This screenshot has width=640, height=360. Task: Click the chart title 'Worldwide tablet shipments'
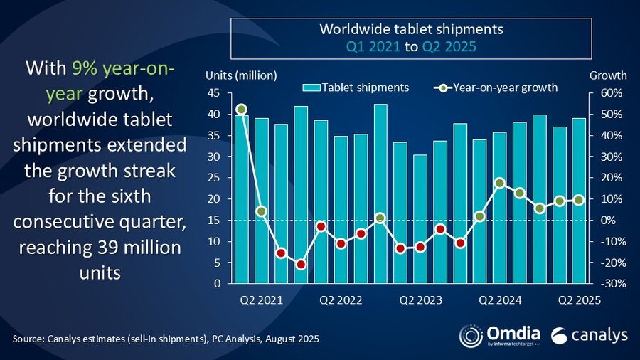pyautogui.click(x=411, y=30)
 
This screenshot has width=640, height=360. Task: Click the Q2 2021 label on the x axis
pyautogui.click(x=261, y=300)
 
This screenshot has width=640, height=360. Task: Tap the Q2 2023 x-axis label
pyautogui.click(x=420, y=300)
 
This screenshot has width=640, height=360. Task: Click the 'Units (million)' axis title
pyautogui.click(x=241, y=75)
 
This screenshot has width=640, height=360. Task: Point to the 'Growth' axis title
pyautogui.click(x=609, y=75)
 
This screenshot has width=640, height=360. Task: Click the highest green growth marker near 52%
pyautogui.click(x=241, y=110)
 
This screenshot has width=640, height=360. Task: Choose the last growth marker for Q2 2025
pyautogui.click(x=579, y=200)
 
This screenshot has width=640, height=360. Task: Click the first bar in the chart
pyautogui.click(x=241, y=199)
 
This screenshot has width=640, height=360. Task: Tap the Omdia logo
pyautogui.click(x=501, y=334)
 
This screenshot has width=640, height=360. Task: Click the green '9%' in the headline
pyautogui.click(x=82, y=69)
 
